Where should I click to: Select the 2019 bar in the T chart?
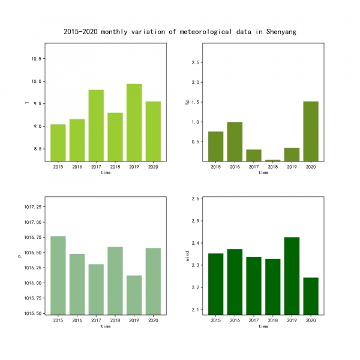134,122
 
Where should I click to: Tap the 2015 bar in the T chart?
58,142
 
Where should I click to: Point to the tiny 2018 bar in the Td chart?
273,160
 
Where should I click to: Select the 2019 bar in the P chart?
134,295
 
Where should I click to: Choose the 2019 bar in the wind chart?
292,275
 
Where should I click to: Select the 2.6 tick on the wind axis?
196,199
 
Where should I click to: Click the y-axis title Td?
187,103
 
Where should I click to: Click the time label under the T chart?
106,173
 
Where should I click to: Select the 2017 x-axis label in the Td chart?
254,166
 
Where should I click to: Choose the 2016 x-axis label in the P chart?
77,320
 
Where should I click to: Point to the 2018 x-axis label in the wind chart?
273,320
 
